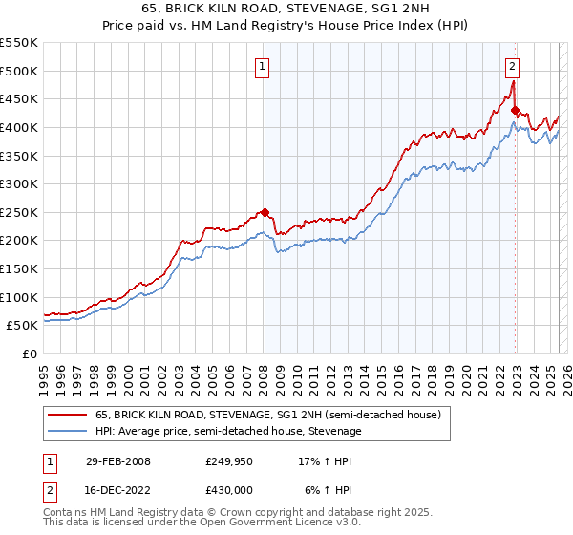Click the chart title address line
coord(286,9)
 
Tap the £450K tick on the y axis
coord(19,98)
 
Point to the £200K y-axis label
coord(19,241)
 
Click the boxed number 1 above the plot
coord(262,66)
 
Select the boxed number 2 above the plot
coord(513,66)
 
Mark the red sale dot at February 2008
coord(265,212)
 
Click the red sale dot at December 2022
coord(515,110)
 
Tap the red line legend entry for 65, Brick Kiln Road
coord(267,416)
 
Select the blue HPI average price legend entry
coord(228,432)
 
